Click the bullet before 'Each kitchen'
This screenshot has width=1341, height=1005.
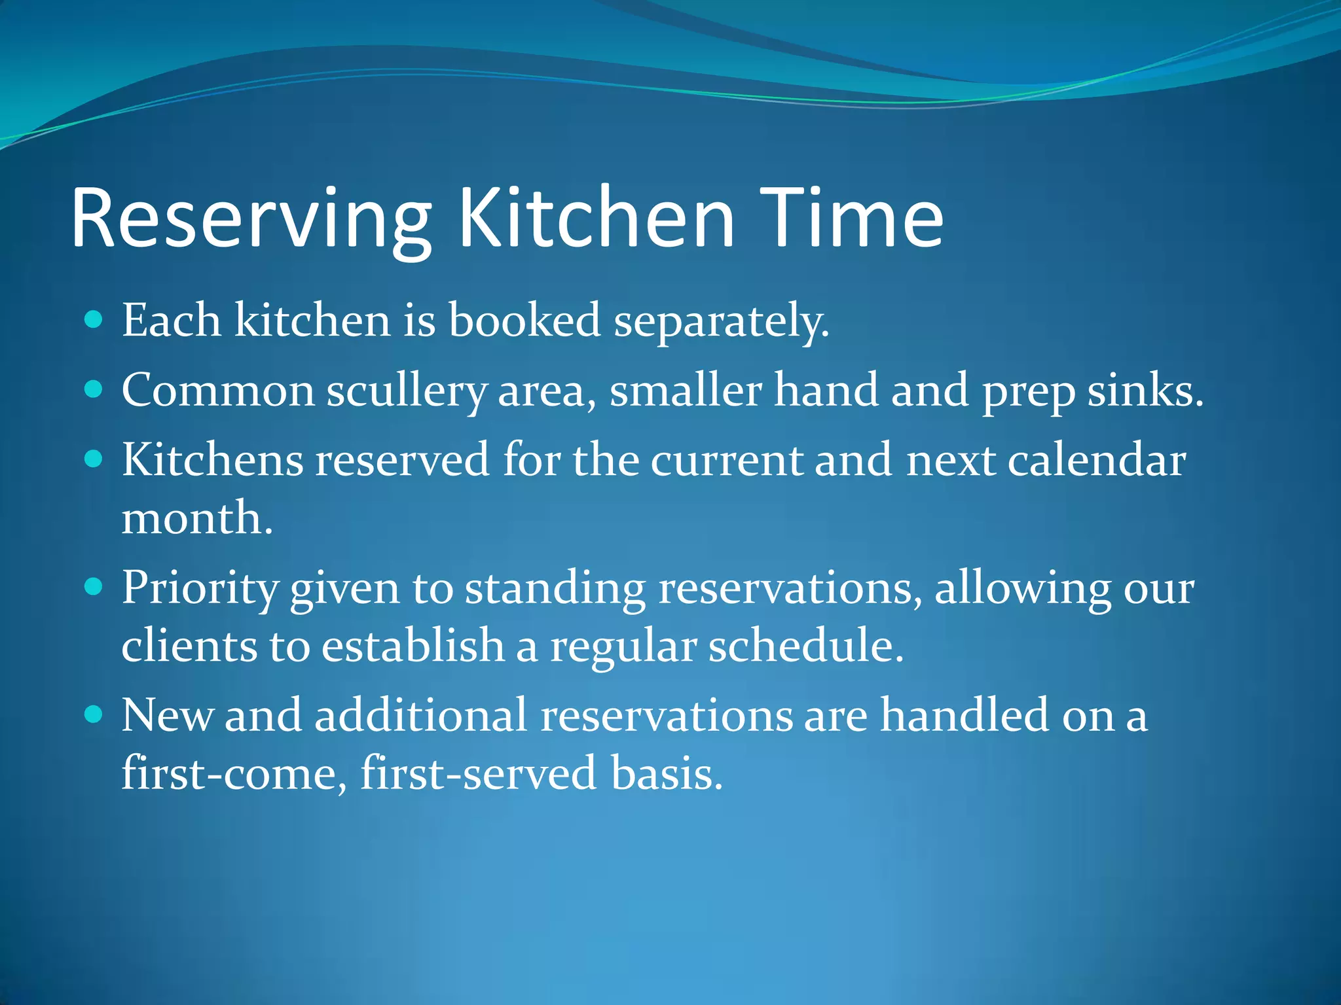click(x=94, y=320)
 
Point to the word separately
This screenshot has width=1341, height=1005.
click(x=721, y=322)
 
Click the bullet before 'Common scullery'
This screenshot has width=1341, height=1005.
click(x=94, y=390)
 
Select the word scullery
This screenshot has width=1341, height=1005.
click(x=406, y=391)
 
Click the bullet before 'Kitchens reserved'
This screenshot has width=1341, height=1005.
click(x=94, y=459)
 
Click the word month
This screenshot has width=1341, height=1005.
click(x=196, y=518)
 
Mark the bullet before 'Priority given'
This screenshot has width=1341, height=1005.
click(x=94, y=587)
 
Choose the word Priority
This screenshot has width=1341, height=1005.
click(x=200, y=588)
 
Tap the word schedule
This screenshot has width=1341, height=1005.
click(x=805, y=646)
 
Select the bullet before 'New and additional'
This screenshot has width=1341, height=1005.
click(x=94, y=714)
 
